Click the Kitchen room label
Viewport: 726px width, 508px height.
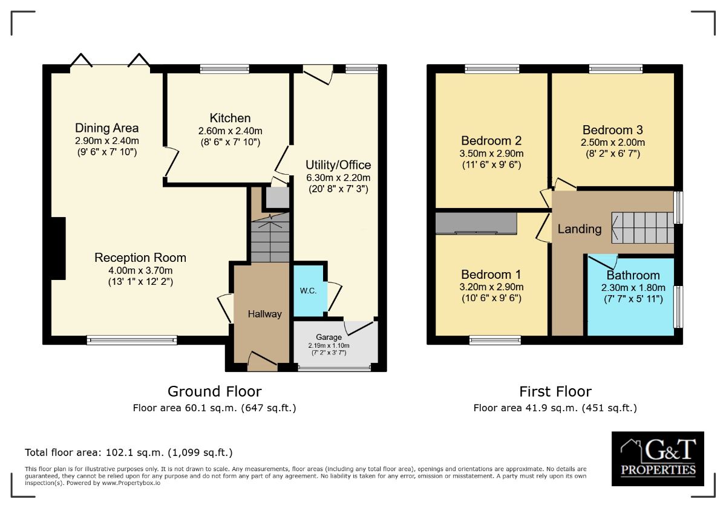pos(230,118)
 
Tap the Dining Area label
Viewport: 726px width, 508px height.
pos(106,128)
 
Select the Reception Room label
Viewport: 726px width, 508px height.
pos(140,258)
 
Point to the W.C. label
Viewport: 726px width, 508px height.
pos(308,291)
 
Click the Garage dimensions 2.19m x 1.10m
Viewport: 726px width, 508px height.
pos(329,345)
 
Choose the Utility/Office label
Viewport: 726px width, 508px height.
pos(338,165)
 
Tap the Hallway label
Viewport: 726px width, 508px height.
pos(264,314)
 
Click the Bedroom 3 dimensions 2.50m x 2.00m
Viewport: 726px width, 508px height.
pos(612,143)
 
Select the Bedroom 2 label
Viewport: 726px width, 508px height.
pos(491,140)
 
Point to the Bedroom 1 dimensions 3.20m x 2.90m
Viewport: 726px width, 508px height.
pos(491,287)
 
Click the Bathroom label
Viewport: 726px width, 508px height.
pos(633,275)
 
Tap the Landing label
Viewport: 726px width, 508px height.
pos(580,229)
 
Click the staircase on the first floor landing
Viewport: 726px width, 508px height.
pos(643,227)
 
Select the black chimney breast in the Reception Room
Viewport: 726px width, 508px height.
pos(58,249)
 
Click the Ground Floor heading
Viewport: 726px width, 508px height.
pos(215,391)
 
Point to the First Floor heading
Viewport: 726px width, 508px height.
pos(555,391)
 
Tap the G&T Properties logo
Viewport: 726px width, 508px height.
pos(658,458)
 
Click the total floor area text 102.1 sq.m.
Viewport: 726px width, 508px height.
pos(129,452)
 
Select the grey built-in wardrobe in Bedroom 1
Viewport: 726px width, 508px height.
pos(476,223)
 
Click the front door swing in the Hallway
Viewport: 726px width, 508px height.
pos(263,361)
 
